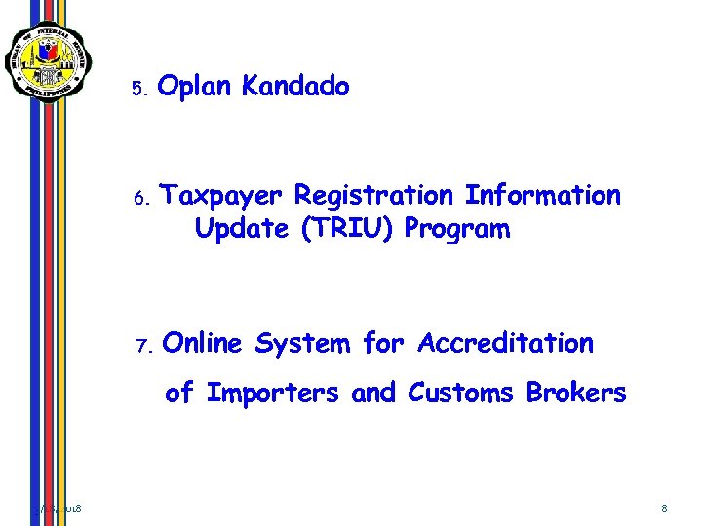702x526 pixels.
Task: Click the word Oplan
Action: pyautogui.click(x=194, y=88)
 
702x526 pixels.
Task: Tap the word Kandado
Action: pyautogui.click(x=294, y=87)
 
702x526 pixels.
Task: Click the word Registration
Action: pyautogui.click(x=373, y=196)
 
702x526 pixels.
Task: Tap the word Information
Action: pyautogui.click(x=542, y=196)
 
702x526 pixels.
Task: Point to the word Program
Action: pyautogui.click(x=457, y=231)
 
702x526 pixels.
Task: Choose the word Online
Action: pyautogui.click(x=204, y=344)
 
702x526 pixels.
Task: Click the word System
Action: pyautogui.click(x=302, y=344)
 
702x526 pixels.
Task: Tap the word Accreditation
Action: pyautogui.click(x=505, y=344)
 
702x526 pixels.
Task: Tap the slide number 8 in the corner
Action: pyautogui.click(x=664, y=508)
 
